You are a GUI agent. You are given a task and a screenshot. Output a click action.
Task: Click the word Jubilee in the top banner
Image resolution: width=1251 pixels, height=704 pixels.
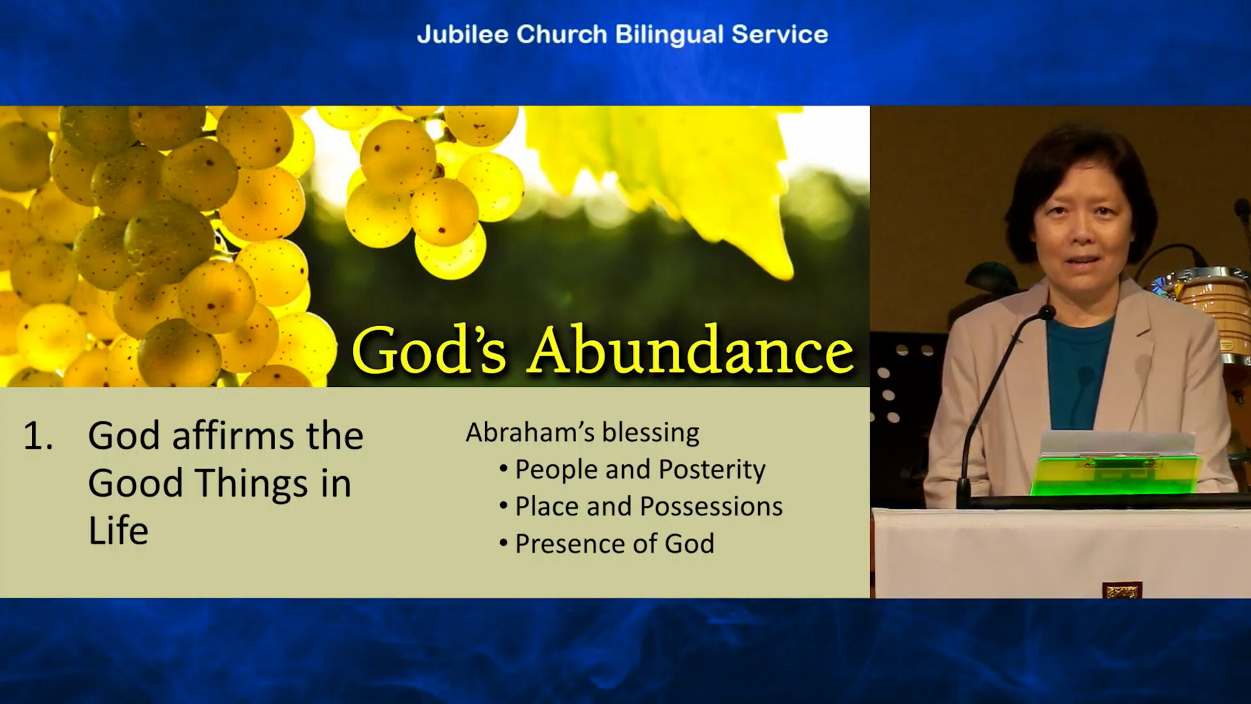pos(462,34)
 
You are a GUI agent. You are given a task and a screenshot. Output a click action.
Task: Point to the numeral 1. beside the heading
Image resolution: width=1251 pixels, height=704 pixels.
pos(38,436)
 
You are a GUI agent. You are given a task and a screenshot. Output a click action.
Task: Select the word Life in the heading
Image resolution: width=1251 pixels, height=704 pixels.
pos(118,530)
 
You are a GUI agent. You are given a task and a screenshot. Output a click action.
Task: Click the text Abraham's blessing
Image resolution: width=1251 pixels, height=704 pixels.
pos(582,433)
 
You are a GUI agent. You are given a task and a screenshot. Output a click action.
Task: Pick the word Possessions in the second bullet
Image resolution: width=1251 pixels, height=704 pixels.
pos(712,506)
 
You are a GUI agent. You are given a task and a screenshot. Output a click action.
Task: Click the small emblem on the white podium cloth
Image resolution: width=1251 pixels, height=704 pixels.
pos(1122,590)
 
